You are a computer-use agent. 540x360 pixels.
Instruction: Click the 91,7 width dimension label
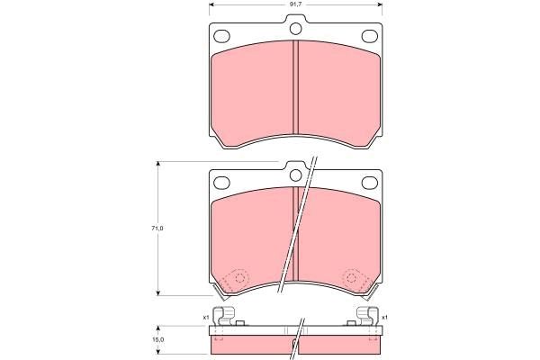tap(294, 6)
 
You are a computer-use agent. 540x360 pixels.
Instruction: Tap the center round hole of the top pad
tap(295, 31)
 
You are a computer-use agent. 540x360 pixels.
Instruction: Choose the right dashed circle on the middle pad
tap(352, 279)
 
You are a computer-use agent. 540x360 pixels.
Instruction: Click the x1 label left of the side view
tap(205, 317)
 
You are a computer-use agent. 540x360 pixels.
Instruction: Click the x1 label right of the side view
tap(385, 317)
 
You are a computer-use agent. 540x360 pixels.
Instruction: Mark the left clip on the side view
tap(229, 317)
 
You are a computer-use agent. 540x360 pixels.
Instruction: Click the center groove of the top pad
tap(295, 90)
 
